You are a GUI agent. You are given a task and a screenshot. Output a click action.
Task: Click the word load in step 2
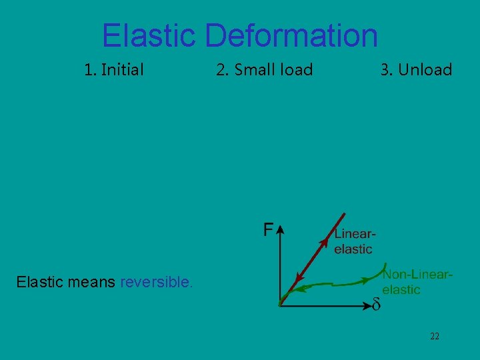tap(297, 69)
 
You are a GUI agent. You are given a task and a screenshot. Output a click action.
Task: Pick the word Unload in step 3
tap(425, 69)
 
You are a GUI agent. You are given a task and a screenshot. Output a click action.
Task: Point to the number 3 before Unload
tap(385, 69)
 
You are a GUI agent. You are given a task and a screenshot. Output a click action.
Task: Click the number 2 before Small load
tap(221, 69)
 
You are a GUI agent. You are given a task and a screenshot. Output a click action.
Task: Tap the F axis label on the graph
tap(267, 230)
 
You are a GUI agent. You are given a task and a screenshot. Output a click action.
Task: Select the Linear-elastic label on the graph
tap(355, 241)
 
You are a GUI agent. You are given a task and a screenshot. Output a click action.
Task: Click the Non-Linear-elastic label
tap(417, 281)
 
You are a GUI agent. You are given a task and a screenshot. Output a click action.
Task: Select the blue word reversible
tap(157, 282)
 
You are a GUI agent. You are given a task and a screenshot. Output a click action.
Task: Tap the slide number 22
tap(434, 337)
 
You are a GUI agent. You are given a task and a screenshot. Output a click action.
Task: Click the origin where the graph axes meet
tap(281, 305)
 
